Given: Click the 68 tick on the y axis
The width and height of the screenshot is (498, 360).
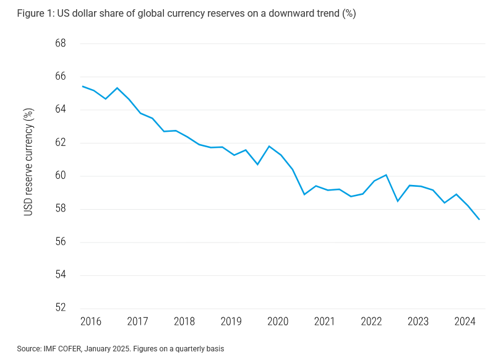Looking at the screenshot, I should coord(60,44).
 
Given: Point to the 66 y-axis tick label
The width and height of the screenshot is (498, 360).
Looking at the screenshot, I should coord(60,77).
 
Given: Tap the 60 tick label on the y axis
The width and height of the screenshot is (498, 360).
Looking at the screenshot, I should coord(60,176).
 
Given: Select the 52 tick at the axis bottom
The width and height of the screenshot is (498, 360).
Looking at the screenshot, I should coord(60,308).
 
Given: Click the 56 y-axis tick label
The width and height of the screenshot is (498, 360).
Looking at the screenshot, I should coord(60,242).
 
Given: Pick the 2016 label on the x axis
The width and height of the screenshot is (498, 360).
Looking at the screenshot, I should coord(90,322).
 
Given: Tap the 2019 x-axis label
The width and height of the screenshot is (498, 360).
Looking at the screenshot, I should coord(231,322).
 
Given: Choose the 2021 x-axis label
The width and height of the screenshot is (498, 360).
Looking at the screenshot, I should coord(324,322).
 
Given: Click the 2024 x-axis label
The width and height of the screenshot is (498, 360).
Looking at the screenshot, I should coord(465,322).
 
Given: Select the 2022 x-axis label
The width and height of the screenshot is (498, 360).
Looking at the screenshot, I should coord(371,322).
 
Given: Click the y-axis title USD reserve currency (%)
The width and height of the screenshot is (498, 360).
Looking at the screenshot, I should coord(28,161).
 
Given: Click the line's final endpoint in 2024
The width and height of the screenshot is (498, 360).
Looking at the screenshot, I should coord(479,219).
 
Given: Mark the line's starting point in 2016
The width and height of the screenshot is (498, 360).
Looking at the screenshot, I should coord(82,86).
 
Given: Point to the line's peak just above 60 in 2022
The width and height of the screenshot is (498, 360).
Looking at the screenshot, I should coord(386,175).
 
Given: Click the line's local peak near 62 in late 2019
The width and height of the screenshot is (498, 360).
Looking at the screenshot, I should coord(268,146).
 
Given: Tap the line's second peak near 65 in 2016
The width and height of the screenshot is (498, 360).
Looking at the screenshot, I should coord(117,88).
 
